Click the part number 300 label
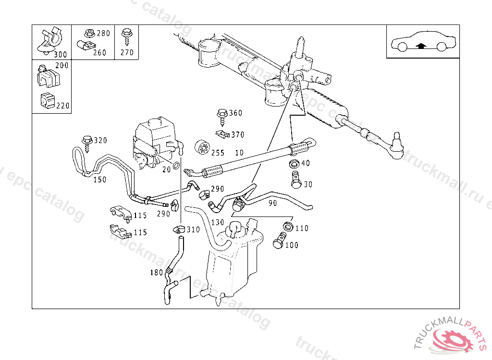tap(61, 55)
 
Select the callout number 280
tap(103, 33)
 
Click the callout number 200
tap(62, 65)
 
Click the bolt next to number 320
tap(87, 142)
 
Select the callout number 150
tap(99, 180)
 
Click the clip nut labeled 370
tap(222, 134)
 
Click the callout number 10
tap(239, 153)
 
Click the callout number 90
tap(272, 203)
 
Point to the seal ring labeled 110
tap(287, 227)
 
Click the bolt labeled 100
tap(279, 241)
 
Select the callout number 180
tap(157, 273)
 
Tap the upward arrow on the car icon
tap(421, 47)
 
